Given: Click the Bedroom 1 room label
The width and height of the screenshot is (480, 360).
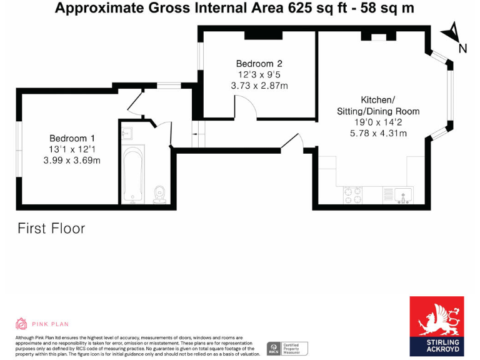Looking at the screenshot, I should coord(72,138).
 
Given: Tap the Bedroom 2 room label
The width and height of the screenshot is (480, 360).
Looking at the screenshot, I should coord(259,63).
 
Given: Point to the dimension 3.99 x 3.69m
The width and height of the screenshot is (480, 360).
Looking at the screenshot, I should coord(72,161).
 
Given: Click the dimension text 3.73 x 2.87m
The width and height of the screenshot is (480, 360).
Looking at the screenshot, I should coord(259,86).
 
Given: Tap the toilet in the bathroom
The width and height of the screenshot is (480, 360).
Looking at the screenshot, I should coord(159,194).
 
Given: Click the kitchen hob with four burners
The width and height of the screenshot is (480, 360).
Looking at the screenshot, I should coord(352,195).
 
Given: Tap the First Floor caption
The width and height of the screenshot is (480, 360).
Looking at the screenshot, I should coord(51,228).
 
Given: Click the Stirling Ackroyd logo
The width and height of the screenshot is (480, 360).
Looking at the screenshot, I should coord(436,325).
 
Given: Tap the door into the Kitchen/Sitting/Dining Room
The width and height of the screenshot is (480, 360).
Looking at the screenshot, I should coord(292,142).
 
